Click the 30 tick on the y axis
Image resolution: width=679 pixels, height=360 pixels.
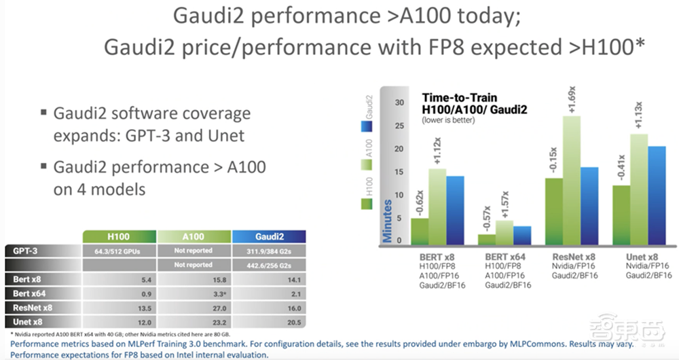399,103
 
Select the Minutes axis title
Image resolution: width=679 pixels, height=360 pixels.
388,221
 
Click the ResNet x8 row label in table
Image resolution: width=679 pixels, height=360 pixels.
31,306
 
